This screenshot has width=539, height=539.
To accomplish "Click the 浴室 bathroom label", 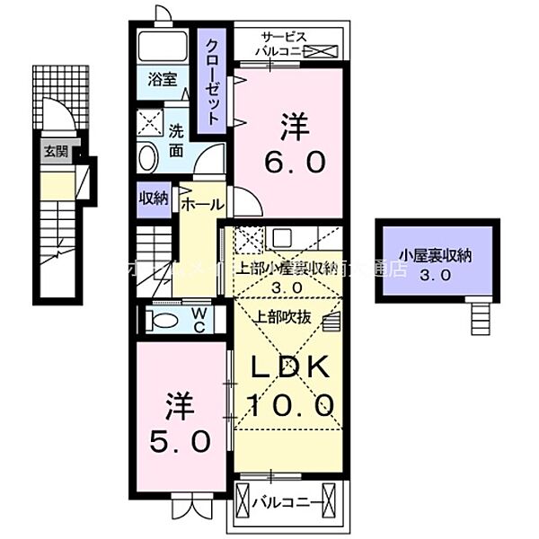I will click(x=162, y=79).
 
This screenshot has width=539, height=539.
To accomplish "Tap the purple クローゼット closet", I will click(x=212, y=81).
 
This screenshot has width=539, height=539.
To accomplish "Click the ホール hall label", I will click(x=201, y=205).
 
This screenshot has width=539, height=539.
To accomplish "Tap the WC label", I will click(x=199, y=321).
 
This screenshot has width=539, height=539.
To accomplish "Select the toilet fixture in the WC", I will click(x=164, y=322).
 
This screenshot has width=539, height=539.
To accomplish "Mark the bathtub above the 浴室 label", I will click(x=163, y=46).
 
